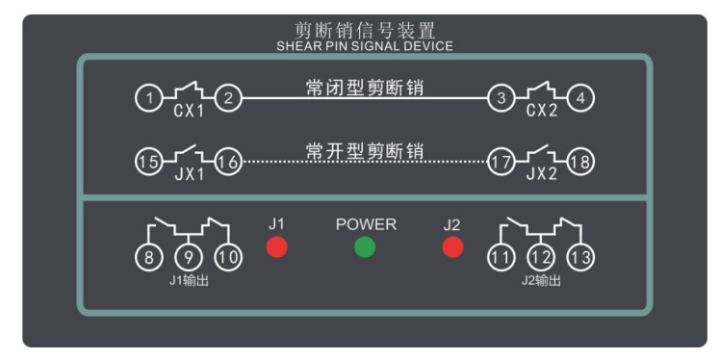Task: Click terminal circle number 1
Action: coord(146,98)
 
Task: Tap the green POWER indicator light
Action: coord(365,247)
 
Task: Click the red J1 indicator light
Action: coord(277,247)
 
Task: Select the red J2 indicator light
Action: coord(452,247)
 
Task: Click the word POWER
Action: coord(365,224)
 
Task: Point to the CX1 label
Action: coord(189,113)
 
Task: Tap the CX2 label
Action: coord(540,113)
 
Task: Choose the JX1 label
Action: coord(189,176)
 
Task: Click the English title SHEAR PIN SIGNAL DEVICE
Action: coord(364,45)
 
